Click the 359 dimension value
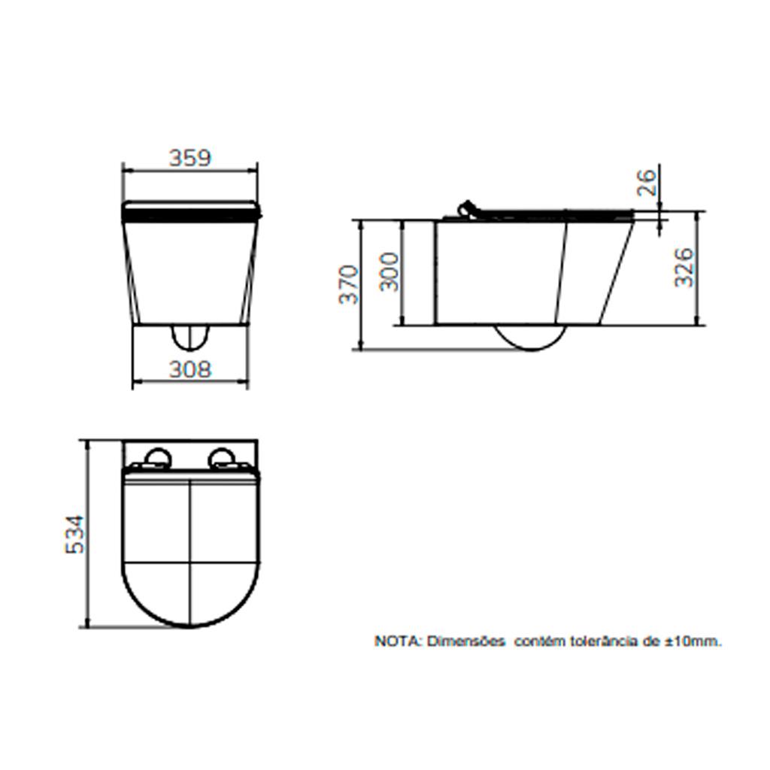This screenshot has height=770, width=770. tap(190, 158)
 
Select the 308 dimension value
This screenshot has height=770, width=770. tap(190, 369)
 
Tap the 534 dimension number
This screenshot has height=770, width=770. tap(75, 535)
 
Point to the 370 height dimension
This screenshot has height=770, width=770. tap(349, 285)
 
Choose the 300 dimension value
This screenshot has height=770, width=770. tap(390, 271)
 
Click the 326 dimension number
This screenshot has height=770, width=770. tap(684, 268)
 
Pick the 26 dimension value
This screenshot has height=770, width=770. tap(647, 183)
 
